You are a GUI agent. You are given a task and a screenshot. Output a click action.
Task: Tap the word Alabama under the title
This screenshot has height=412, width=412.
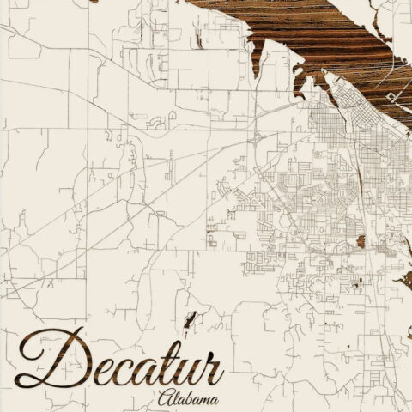(x=189, y=399)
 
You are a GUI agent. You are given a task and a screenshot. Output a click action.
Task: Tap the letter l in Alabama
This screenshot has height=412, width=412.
(x=176, y=398)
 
